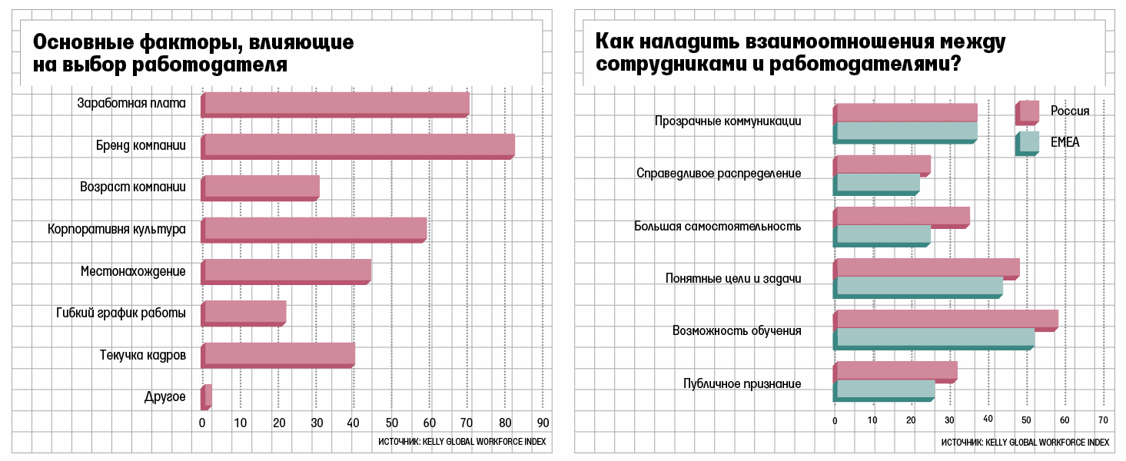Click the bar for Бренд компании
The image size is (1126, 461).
[x=357, y=145]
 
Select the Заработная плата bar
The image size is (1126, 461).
[x=335, y=104]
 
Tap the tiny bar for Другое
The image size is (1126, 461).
[x=206, y=396]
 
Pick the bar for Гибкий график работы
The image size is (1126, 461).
[x=244, y=312]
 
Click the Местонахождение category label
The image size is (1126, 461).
[x=133, y=271]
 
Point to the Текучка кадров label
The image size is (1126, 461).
[x=142, y=355]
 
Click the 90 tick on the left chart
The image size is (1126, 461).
[x=542, y=423]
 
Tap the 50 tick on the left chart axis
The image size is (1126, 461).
[x=391, y=423]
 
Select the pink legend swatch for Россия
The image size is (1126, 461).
[x=1028, y=112]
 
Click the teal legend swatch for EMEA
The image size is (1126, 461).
[x=1028, y=142]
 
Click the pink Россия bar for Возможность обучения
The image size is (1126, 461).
[x=946, y=319]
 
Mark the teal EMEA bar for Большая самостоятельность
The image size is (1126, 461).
[x=882, y=234]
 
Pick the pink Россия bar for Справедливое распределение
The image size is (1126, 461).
[x=882, y=164]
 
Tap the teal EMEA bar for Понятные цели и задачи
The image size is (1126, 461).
[x=918, y=286]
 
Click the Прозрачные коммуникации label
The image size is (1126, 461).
[x=728, y=121]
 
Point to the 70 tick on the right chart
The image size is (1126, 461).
[x=1103, y=420]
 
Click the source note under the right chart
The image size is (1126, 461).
[x=1025, y=443]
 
